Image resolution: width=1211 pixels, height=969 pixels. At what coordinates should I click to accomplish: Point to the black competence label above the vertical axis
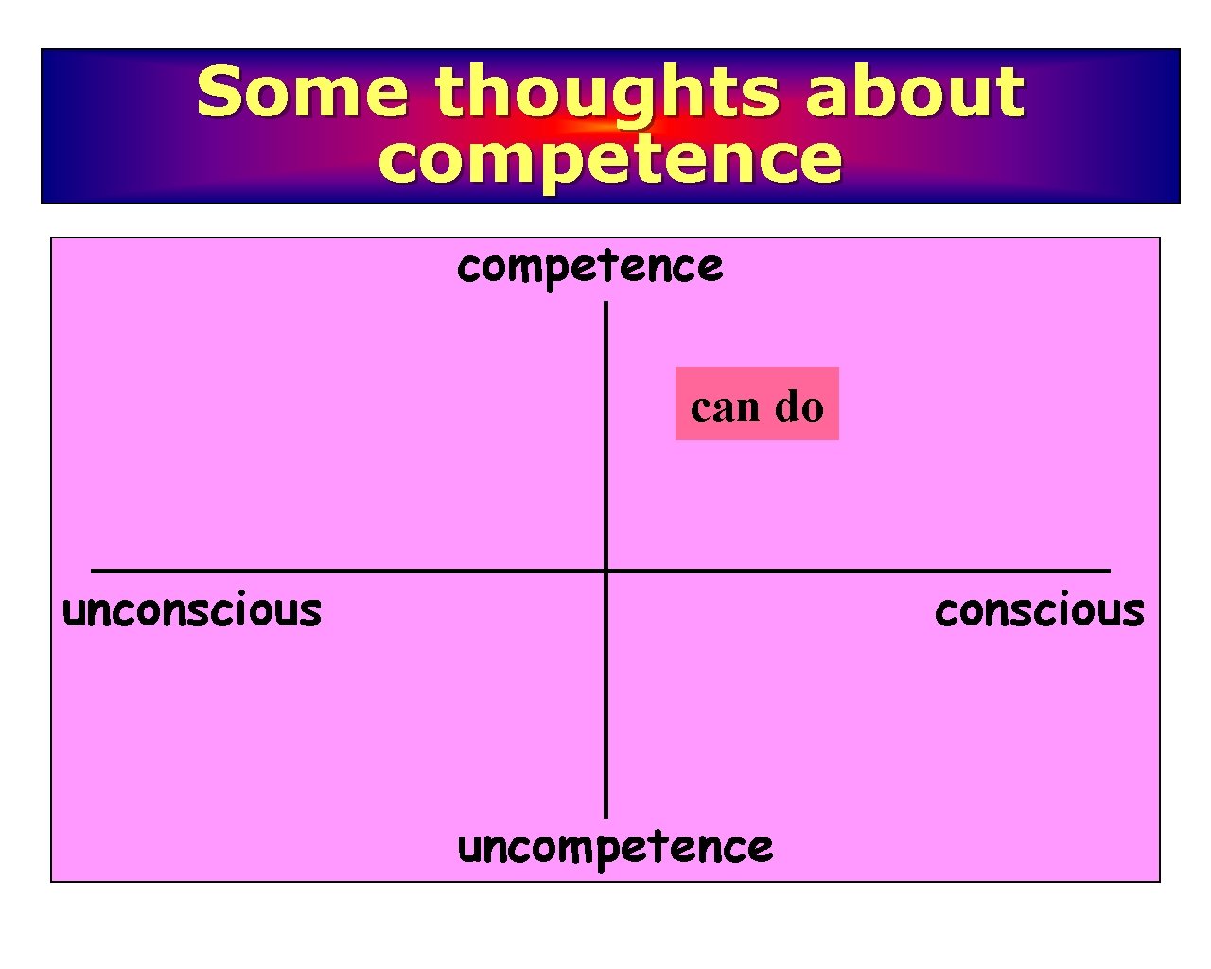(589, 267)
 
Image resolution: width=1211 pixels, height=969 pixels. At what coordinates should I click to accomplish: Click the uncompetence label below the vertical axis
(615, 847)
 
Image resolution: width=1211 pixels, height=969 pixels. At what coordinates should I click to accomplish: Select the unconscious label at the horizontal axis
(192, 610)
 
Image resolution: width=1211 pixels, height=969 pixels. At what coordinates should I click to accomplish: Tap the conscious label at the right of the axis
(1039, 610)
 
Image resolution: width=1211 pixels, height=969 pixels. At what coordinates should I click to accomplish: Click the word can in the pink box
(725, 408)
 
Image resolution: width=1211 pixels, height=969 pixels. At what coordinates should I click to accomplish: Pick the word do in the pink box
(799, 407)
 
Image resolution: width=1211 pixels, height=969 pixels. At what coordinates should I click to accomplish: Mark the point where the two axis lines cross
(605, 571)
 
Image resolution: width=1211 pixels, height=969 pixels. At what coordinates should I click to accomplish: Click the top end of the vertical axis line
(605, 305)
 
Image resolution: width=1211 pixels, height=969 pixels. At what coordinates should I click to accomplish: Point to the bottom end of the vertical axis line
(605, 815)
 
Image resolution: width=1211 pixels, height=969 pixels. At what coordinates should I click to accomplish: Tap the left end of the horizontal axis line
(93, 571)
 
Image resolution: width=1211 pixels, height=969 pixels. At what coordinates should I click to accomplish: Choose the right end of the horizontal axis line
(1109, 571)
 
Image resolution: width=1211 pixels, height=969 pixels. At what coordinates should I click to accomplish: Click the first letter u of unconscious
(73, 612)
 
